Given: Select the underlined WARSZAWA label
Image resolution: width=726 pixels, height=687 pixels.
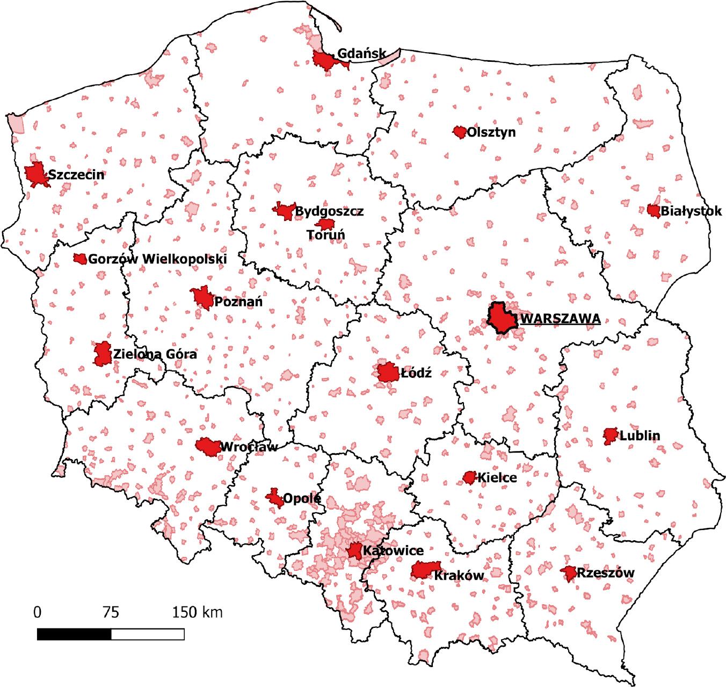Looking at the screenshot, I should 560,319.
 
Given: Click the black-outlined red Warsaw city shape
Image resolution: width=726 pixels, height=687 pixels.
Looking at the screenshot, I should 502,318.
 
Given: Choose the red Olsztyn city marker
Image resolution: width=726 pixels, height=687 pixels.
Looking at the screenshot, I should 460,132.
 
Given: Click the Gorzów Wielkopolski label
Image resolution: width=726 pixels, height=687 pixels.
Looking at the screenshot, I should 157,259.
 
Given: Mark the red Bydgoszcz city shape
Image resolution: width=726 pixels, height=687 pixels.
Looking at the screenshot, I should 284,210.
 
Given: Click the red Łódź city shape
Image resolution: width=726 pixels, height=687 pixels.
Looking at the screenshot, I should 387,373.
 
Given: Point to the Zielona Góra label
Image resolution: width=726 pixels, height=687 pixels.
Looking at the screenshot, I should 155,355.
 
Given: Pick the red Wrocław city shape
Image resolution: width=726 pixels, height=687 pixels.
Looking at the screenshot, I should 208,446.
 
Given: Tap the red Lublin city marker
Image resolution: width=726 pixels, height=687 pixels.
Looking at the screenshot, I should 610,436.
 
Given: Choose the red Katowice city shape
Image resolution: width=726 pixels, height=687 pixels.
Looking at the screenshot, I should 354,551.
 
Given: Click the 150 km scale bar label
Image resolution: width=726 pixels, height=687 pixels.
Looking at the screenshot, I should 197,612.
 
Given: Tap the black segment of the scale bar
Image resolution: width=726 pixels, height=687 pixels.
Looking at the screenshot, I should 74,634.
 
